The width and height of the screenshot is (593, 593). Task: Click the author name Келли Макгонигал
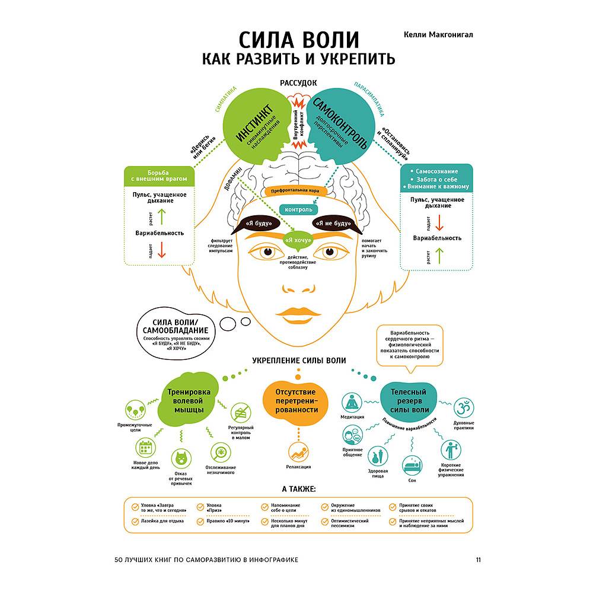pos(438,35)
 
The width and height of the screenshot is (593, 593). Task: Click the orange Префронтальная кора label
pos(295,191)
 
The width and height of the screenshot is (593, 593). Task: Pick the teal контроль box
pos(298,209)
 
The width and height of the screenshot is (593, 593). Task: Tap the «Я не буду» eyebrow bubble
pos(333,224)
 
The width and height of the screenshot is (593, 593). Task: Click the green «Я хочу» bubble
pos(298,241)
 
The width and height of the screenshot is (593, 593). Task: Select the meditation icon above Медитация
pos(352,403)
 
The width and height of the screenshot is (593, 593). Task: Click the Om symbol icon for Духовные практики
pos(464,408)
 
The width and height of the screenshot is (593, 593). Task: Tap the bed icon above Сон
pos(412,466)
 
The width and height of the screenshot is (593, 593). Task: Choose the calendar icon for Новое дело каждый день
pos(146,448)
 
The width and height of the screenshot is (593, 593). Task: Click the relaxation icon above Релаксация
pos(298,452)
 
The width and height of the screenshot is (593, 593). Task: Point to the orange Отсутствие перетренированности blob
pos(296,401)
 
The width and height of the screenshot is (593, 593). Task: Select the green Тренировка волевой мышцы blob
pos(188,400)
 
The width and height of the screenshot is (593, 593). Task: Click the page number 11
pos(479,560)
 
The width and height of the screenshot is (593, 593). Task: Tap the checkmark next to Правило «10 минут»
pos(200,521)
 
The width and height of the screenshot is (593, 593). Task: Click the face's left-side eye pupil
pos(268,252)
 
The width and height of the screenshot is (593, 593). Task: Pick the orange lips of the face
pos(298,315)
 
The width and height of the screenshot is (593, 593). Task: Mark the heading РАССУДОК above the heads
pos(298,83)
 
